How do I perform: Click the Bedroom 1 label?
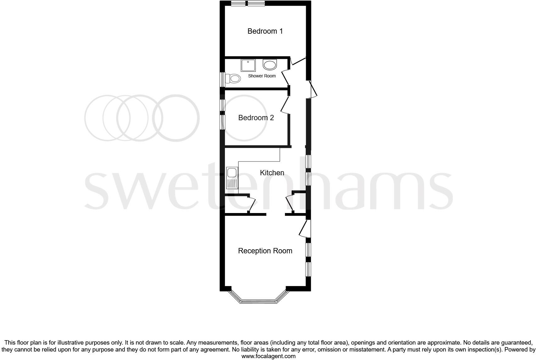[x=265, y=31]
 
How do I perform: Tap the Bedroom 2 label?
[x=256, y=118]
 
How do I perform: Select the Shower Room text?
[x=262, y=76]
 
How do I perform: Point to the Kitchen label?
[x=272, y=173]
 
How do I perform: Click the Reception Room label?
[x=265, y=251]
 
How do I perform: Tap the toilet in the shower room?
[x=234, y=78]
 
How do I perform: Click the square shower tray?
[x=248, y=65]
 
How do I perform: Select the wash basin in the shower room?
[x=270, y=65]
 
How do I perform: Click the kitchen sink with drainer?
[x=232, y=178]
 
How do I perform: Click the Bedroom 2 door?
[x=285, y=105]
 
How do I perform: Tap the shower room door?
[x=285, y=77]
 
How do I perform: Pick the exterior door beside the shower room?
[x=313, y=89]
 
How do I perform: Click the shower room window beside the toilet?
[x=222, y=79]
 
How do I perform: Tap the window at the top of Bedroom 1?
[x=248, y=3]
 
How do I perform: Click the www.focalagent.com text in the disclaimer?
[x=268, y=356]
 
